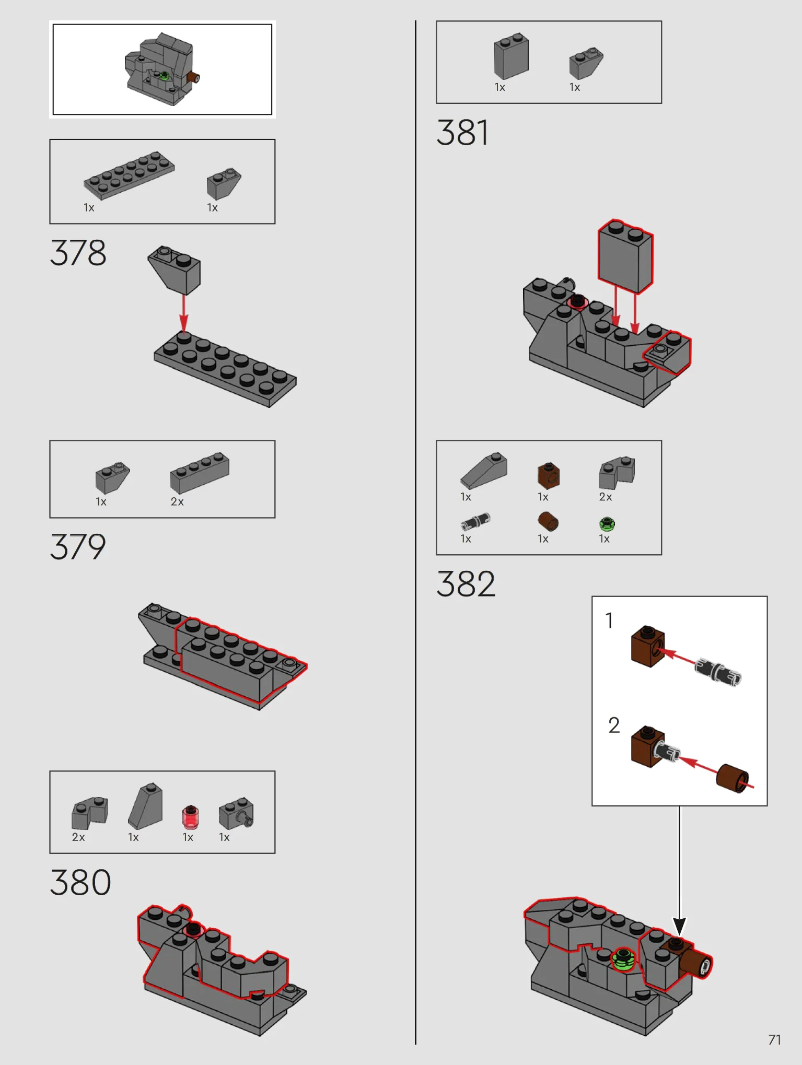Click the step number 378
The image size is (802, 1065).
pyautogui.click(x=78, y=253)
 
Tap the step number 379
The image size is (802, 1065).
pyautogui.click(x=78, y=547)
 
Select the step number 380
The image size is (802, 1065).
pyautogui.click(x=80, y=882)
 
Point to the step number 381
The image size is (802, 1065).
pyautogui.click(x=463, y=133)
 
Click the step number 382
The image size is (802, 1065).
pyautogui.click(x=466, y=583)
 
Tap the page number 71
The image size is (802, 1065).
pyautogui.click(x=775, y=1039)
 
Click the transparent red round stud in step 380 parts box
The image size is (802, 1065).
pyautogui.click(x=190, y=817)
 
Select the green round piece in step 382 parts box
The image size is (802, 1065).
pyautogui.click(x=607, y=524)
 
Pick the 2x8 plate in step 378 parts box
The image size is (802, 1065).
pyautogui.click(x=130, y=175)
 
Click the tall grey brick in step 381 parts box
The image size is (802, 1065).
pyautogui.click(x=511, y=56)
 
